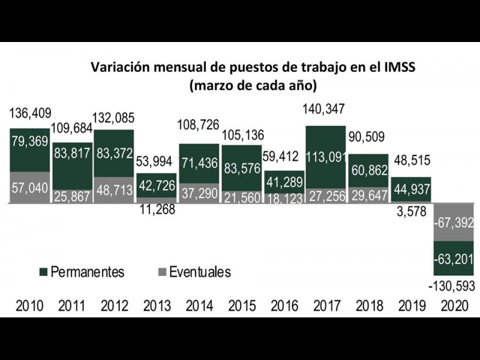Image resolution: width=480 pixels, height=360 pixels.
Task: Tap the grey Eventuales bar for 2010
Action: pos(30,188)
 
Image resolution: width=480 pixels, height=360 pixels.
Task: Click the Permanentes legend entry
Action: pos(81,272)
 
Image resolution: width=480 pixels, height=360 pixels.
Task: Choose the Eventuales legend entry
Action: pos(193,272)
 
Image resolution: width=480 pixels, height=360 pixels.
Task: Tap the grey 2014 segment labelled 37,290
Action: pos(199,193)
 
